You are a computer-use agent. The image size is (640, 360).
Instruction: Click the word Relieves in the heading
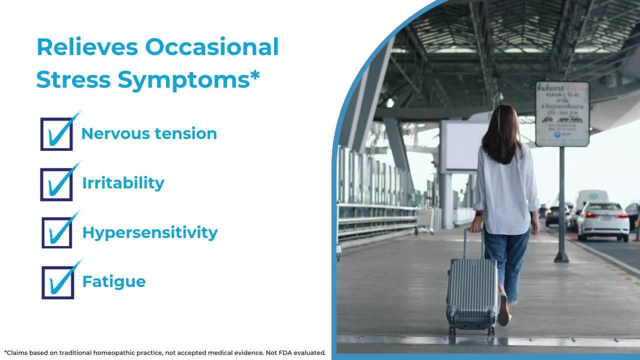[87, 47]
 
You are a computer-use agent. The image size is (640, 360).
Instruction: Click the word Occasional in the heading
[212, 47]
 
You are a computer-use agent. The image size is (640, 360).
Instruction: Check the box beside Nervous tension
[56, 134]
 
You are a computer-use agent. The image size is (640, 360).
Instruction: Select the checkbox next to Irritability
[56, 184]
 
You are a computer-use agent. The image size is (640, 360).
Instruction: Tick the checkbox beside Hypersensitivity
[57, 232]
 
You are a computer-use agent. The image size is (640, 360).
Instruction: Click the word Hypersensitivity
[149, 232]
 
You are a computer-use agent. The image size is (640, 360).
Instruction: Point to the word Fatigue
[113, 281]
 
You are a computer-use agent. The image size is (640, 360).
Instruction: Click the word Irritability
[123, 183]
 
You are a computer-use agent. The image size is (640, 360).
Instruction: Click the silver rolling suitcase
[471, 295]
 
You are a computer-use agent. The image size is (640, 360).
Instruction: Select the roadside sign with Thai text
[562, 114]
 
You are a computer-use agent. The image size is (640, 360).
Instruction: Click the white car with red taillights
[603, 220]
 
